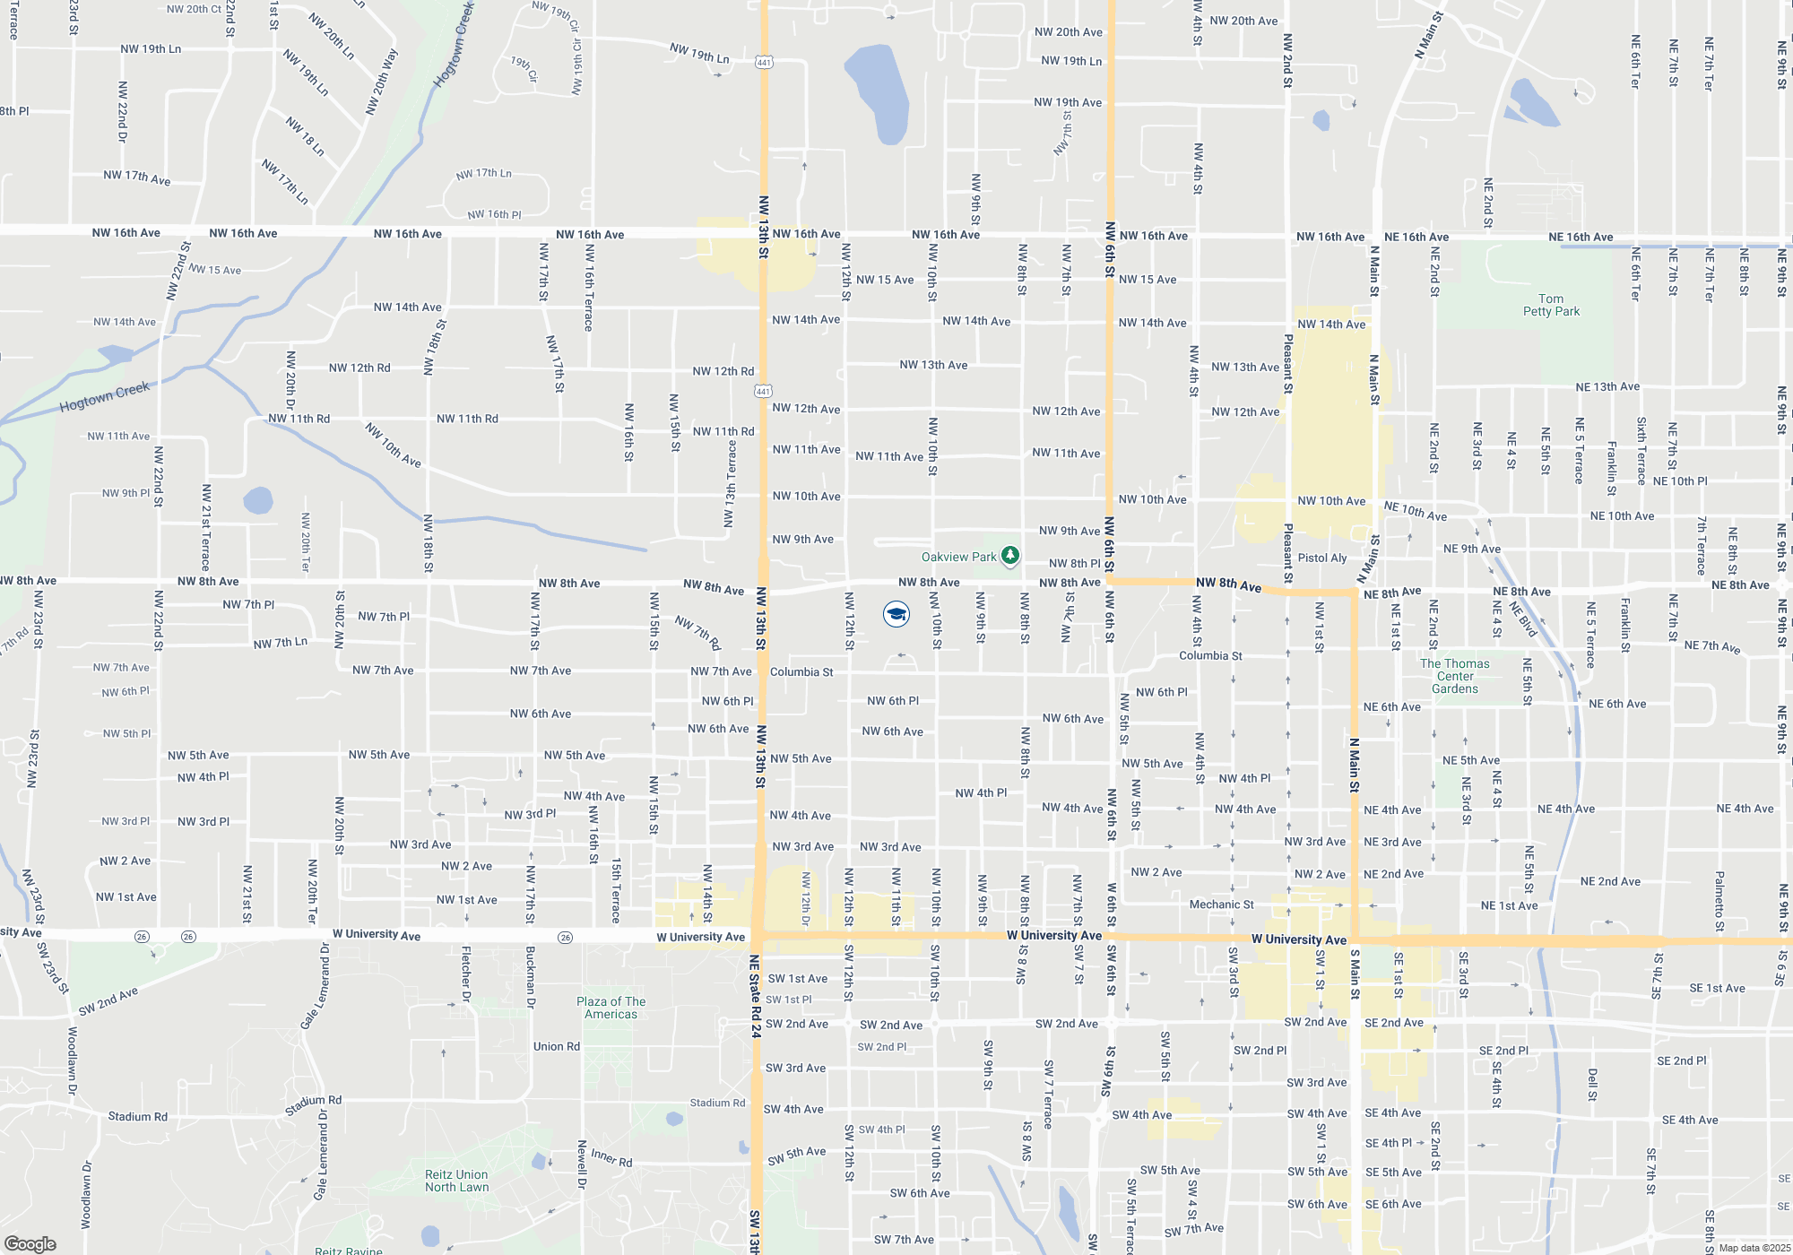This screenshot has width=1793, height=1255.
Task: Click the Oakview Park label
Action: [958, 557]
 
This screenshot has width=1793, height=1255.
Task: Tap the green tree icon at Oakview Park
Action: [1009, 556]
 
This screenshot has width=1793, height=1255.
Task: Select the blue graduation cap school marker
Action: [896, 614]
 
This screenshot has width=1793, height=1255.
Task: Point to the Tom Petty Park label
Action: [1551, 305]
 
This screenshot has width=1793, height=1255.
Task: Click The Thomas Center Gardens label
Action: [1454, 676]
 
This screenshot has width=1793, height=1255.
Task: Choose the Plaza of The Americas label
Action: [611, 1008]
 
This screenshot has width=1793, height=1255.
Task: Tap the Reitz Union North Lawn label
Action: [456, 1181]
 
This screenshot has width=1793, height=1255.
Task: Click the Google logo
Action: [30, 1244]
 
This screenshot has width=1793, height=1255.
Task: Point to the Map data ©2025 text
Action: [1754, 1248]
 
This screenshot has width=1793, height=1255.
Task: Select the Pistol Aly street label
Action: [1322, 558]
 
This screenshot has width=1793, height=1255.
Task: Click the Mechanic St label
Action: [1221, 904]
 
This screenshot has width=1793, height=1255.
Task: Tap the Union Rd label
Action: [556, 1046]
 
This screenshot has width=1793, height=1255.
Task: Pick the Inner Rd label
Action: [611, 1158]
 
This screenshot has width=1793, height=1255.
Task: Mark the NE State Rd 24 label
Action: [755, 996]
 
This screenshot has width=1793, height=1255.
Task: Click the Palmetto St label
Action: [1719, 900]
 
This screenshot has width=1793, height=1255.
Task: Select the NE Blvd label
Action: [1523, 619]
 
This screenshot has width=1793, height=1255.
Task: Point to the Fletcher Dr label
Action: [465, 974]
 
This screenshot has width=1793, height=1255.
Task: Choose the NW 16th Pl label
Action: [494, 214]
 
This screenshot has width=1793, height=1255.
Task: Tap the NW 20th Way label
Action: [382, 82]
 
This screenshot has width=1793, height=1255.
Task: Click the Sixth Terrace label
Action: [1641, 451]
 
